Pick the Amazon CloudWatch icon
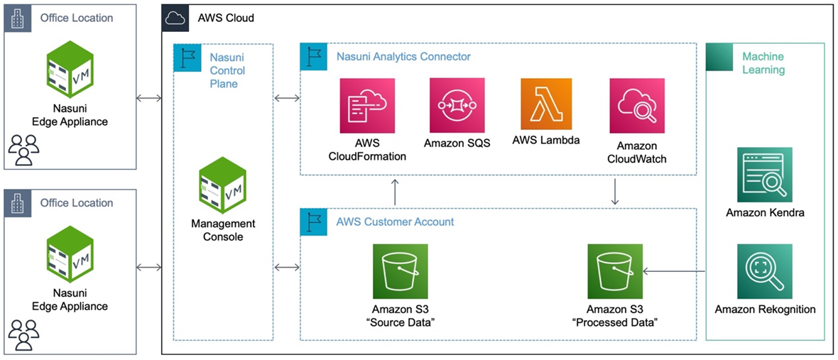pos(636,106)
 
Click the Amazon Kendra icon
pos(764,175)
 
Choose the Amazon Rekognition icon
pos(764,271)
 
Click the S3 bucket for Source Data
pos(401,271)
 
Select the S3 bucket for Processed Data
pos(615,271)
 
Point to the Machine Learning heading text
pos(763,62)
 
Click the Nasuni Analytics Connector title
pos(403,56)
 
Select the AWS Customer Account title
pos(395,222)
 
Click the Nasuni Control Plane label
pos(227,70)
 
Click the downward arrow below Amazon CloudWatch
pos(615,192)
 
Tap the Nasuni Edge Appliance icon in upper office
pos(70,68)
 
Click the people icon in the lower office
pos(23,334)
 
